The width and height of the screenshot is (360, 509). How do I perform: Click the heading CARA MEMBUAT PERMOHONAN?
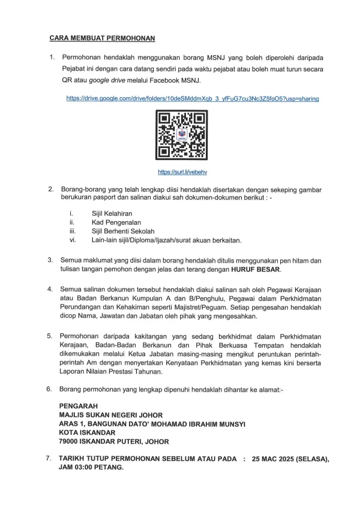(102, 38)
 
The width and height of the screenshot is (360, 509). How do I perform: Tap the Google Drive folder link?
(192, 98)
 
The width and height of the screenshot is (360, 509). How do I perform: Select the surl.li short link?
(181, 172)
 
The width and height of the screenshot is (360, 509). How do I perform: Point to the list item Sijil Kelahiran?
(112, 214)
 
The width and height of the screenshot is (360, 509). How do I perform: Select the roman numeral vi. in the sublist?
(73, 240)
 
